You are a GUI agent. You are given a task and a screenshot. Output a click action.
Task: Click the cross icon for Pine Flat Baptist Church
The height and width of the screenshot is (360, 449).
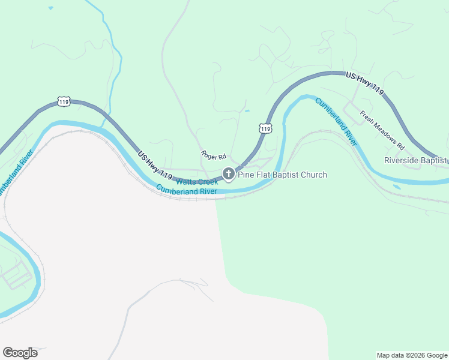click(x=228, y=174)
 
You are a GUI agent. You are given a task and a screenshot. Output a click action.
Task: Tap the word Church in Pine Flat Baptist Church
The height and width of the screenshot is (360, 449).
click(x=313, y=175)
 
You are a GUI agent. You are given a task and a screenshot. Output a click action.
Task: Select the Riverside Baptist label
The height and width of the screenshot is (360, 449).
click(x=417, y=161)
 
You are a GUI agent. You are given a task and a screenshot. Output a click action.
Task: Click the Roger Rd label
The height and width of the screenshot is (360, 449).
click(x=213, y=156)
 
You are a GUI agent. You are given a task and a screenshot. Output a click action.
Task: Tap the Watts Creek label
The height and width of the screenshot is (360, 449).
click(x=197, y=181)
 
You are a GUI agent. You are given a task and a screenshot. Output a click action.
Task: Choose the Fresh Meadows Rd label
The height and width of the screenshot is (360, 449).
click(x=382, y=130)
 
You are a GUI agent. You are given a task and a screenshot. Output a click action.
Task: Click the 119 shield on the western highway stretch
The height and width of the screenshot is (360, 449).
click(x=64, y=101)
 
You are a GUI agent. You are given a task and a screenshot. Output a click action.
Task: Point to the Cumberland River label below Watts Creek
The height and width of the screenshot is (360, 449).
click(x=186, y=191)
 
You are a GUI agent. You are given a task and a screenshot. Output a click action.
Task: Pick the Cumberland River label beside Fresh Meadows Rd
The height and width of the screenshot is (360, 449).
click(x=336, y=122)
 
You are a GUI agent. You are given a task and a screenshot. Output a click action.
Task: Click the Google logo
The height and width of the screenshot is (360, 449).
click(x=20, y=353)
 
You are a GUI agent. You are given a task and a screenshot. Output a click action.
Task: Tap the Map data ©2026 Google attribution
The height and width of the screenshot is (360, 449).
click(x=412, y=355)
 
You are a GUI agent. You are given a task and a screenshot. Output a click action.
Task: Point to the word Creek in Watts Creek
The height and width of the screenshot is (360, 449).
click(x=208, y=182)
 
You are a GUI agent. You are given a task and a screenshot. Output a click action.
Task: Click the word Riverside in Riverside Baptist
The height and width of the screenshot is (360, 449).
click(x=404, y=161)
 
